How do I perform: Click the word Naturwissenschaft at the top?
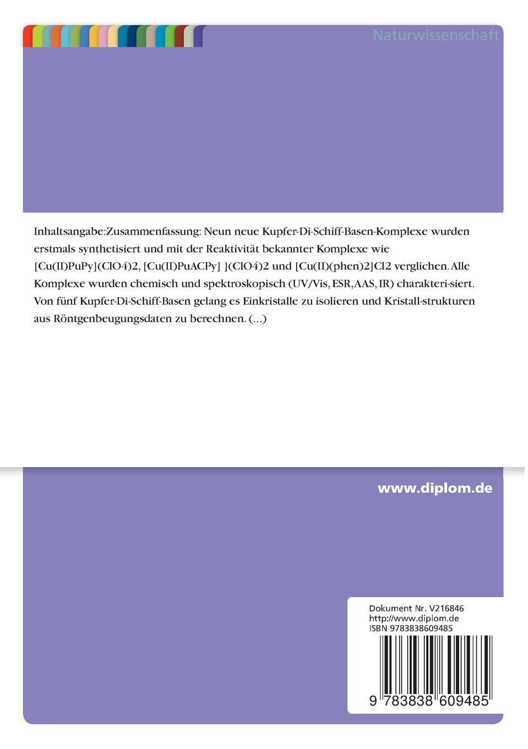(x=436, y=35)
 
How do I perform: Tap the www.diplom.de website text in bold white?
(x=434, y=488)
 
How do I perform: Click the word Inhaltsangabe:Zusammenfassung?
(x=117, y=231)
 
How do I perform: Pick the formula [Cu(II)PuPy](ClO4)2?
(x=86, y=267)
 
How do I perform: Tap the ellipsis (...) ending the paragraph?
(x=258, y=319)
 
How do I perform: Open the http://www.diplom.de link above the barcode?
(x=413, y=618)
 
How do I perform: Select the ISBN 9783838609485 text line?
(x=411, y=628)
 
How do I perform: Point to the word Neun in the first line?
(x=218, y=231)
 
